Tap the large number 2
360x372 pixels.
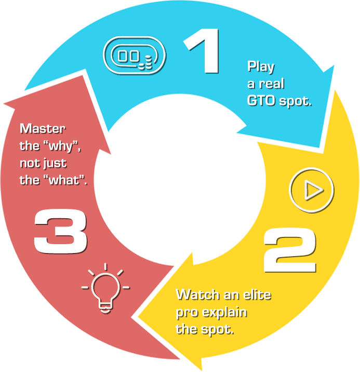click(x=289, y=252)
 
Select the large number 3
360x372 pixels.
click(x=60, y=232)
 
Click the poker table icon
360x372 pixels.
click(x=134, y=54)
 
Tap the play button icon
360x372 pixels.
click(x=311, y=191)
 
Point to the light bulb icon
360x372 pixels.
click(x=105, y=288)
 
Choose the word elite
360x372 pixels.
click(x=256, y=295)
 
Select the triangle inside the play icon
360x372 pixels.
click(x=312, y=191)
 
